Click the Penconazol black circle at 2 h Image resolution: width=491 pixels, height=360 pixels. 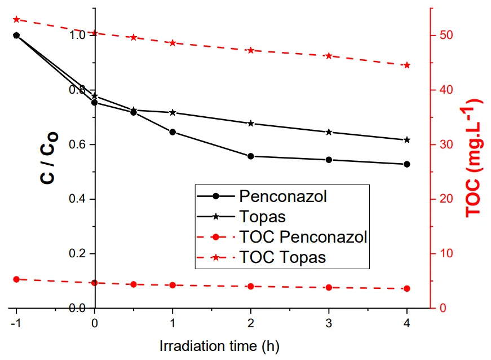(251, 156)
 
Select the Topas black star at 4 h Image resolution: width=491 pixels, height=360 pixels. (407, 140)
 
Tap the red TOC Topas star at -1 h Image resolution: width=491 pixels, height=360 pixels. (16, 19)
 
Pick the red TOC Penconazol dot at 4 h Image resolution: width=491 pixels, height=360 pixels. (407, 288)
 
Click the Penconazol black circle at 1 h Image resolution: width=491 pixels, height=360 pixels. (172, 132)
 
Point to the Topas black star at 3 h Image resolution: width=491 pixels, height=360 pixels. (329, 132)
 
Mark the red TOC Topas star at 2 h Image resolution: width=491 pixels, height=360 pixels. (251, 50)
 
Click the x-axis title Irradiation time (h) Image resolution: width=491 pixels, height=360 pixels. (219, 345)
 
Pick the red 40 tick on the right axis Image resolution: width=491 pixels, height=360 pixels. (445, 90)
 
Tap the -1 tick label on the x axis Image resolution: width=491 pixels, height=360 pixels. (15, 323)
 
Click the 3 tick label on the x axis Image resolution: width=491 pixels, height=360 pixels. (329, 323)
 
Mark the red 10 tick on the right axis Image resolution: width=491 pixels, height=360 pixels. (445, 253)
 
